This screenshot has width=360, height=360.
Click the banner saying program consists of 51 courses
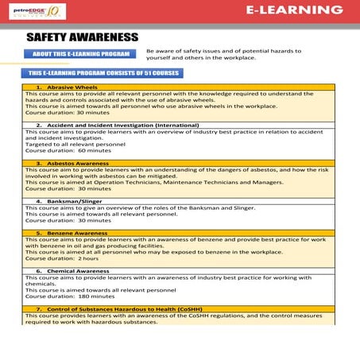(x=100, y=72)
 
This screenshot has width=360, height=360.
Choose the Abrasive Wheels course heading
(x=76, y=87)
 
